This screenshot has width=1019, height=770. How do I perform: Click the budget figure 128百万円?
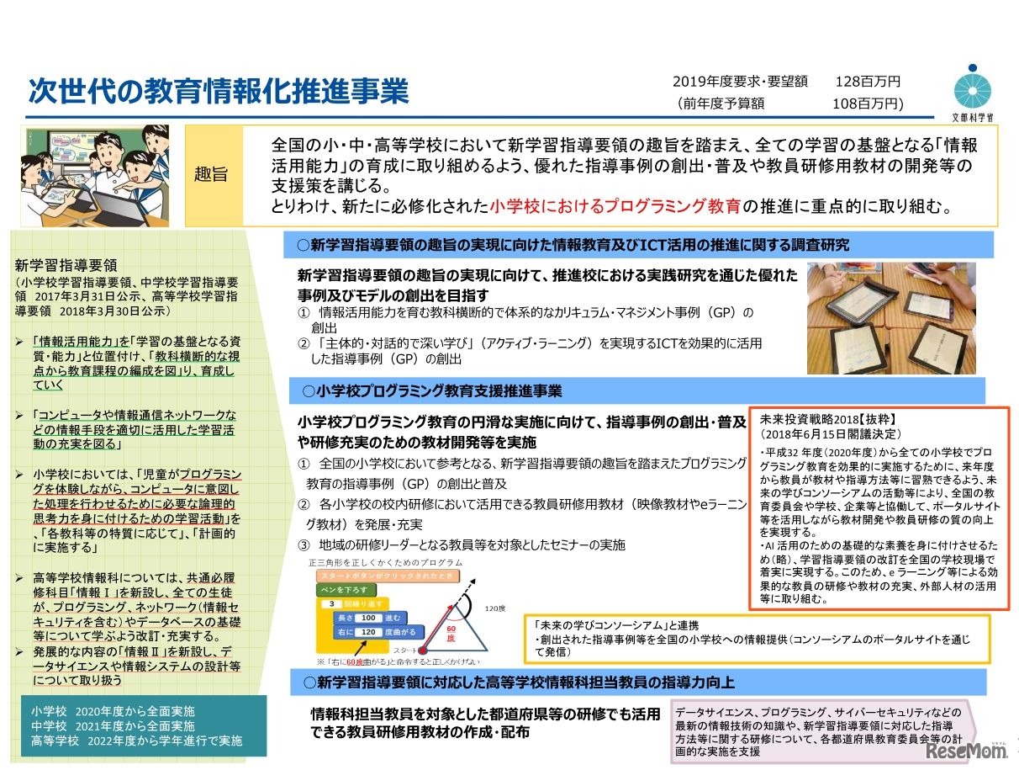tap(867, 82)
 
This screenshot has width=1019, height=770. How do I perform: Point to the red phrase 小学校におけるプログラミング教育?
tap(616, 204)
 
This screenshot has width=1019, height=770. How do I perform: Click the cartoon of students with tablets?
tap(95, 171)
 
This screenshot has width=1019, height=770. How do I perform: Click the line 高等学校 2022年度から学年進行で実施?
tap(137, 741)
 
